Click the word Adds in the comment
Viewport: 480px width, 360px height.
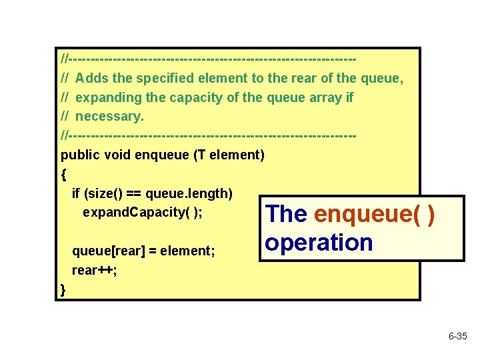(x=97, y=79)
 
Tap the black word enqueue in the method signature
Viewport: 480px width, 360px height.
(x=162, y=155)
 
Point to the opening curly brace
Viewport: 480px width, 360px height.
(x=63, y=175)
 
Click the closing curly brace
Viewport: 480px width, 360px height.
(x=63, y=289)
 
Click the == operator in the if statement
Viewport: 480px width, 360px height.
(x=133, y=194)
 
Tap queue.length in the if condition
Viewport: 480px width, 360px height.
(x=188, y=194)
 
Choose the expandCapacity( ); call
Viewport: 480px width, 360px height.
(x=143, y=213)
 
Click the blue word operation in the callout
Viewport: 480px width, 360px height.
(x=319, y=242)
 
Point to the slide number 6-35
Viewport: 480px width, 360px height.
(x=457, y=337)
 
